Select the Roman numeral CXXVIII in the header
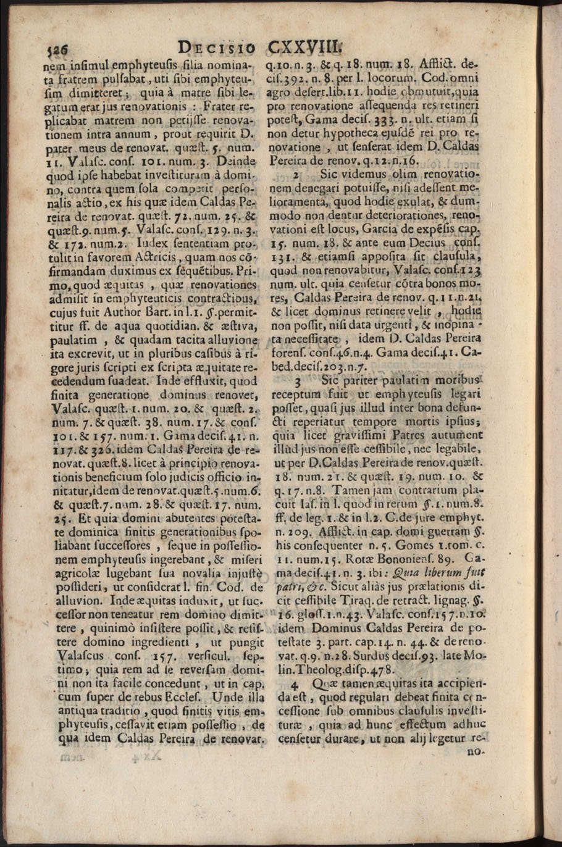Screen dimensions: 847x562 [303, 47]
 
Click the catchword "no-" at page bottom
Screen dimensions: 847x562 [477, 753]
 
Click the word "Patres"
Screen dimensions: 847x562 [392, 435]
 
